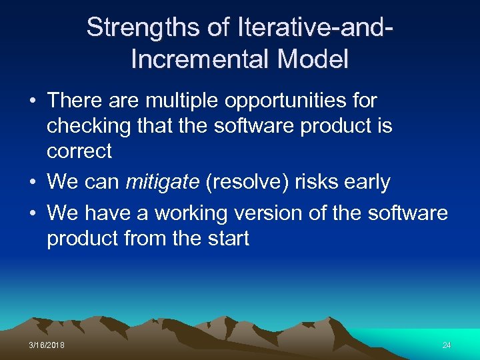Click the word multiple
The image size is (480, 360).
(177, 101)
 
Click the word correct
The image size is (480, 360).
(79, 151)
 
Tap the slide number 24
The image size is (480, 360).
(446, 345)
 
